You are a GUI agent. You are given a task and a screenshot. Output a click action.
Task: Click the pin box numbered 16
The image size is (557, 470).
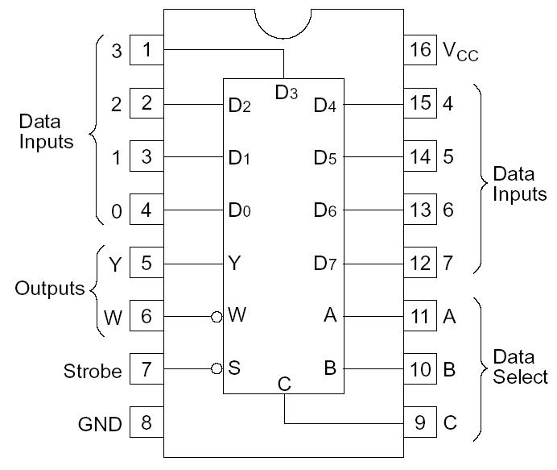click(x=421, y=50)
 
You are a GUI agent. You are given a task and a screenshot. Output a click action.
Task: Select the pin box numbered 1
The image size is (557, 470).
click(x=146, y=50)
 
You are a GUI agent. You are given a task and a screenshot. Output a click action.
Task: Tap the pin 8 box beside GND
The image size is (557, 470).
click(x=146, y=422)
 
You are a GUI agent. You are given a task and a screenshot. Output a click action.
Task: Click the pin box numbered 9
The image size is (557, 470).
click(x=421, y=422)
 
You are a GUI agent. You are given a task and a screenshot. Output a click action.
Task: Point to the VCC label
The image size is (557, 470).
click(x=460, y=51)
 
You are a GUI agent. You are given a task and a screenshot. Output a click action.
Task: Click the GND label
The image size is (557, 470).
click(x=100, y=423)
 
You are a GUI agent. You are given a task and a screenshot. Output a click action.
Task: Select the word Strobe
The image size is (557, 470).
click(x=93, y=371)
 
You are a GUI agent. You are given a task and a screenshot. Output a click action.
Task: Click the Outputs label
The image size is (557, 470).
click(x=49, y=289)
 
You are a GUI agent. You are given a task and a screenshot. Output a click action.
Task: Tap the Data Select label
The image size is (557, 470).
click(x=519, y=366)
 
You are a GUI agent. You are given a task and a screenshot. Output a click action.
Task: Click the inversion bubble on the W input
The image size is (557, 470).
click(x=217, y=317)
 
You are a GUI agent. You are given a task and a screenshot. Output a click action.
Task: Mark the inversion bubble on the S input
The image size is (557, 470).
click(x=217, y=369)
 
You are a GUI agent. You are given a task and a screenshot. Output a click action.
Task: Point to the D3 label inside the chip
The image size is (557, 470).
click(x=287, y=93)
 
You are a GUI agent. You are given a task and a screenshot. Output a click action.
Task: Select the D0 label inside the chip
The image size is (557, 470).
click(x=240, y=210)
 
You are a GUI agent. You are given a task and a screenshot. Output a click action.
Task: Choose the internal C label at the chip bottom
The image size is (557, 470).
click(x=284, y=385)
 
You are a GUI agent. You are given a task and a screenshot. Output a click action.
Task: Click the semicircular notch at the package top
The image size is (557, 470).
click(x=283, y=23)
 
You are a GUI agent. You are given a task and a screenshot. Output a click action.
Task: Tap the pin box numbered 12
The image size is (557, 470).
click(x=421, y=263)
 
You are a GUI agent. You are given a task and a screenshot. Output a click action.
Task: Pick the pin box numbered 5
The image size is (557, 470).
click(x=146, y=263)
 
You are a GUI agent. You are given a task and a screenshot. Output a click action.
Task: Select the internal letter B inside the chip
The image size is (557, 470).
click(x=329, y=369)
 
